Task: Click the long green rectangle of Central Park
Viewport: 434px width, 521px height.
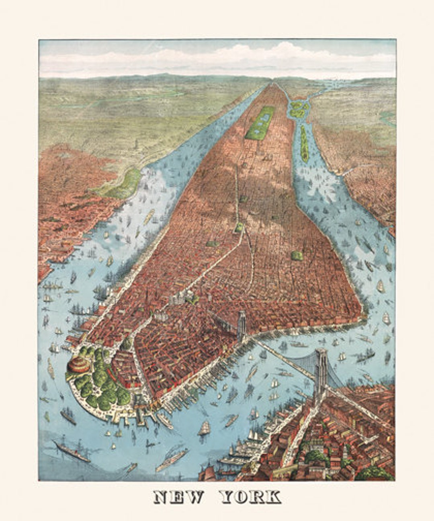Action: click(x=260, y=123)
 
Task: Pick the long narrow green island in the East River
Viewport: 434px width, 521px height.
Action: click(x=304, y=143)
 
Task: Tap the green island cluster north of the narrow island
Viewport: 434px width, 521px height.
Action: click(x=298, y=109)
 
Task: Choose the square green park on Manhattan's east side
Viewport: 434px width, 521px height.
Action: click(x=297, y=255)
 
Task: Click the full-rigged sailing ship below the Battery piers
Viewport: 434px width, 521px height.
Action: click(x=204, y=429)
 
